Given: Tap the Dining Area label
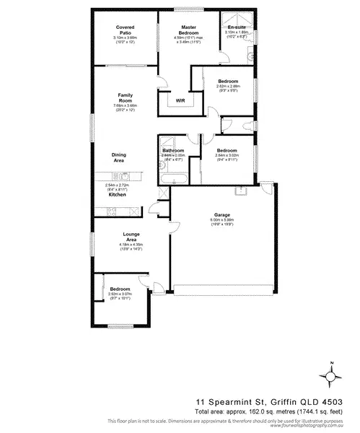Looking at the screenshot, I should click(119, 157).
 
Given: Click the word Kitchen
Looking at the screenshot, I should click(118, 195).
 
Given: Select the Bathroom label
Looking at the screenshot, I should click(173, 150).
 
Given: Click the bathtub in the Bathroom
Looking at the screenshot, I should click(174, 175).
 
